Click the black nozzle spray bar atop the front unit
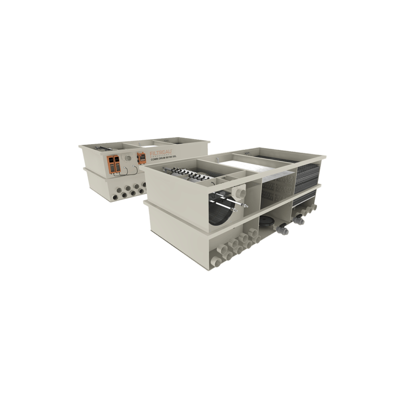tap(190, 175)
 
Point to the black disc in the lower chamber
tap(265, 220)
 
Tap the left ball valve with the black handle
tap(282, 229)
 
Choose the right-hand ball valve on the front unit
tap(299, 219)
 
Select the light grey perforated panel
tap(276, 187)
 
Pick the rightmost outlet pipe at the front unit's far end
tap(315, 207)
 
